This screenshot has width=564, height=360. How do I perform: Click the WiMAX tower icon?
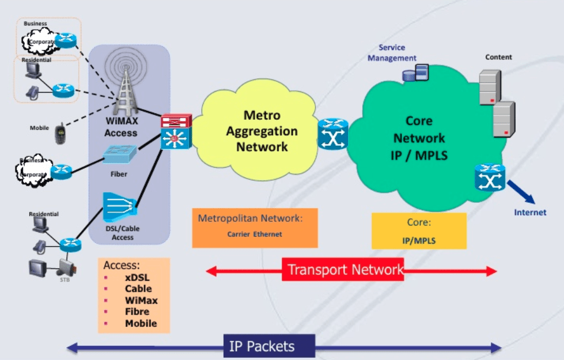coord(125,83)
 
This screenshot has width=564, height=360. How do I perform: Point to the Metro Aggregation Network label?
coord(262,130)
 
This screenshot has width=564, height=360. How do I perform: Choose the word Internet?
coord(530,212)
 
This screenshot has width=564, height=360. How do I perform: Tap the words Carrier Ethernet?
coord(254,234)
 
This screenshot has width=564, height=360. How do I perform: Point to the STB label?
coord(65,279)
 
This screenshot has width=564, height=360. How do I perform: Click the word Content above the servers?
coord(498,58)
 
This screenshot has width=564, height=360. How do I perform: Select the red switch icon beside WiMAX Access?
coord(175,122)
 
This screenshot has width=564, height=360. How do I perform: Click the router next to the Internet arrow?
coord(489,177)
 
